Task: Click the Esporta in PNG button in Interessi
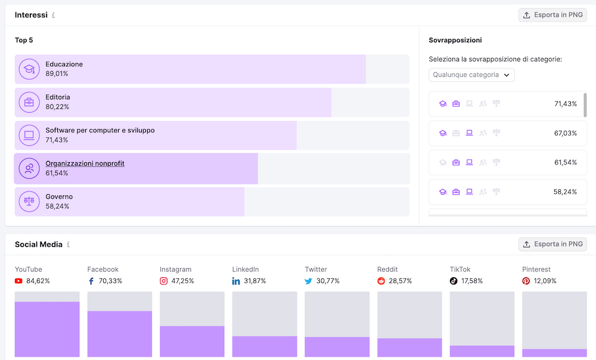[552, 15]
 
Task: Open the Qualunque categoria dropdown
[471, 75]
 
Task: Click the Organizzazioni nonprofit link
[85, 163]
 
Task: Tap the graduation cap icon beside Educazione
[29, 69]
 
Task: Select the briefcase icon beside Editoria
[29, 103]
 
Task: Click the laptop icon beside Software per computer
[29, 135]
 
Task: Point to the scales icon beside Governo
[29, 201]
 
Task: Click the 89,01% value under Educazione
[57, 74]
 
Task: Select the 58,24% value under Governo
[57, 206]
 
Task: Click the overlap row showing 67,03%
[508, 133]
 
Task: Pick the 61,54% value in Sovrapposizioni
[565, 162]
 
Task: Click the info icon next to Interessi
[53, 15]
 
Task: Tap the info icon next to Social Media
[68, 244]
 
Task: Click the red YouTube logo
[18, 281]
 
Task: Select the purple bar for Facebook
[120, 334]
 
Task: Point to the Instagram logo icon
[164, 281]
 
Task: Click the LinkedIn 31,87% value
[254, 281]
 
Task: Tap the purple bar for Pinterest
[554, 353]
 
